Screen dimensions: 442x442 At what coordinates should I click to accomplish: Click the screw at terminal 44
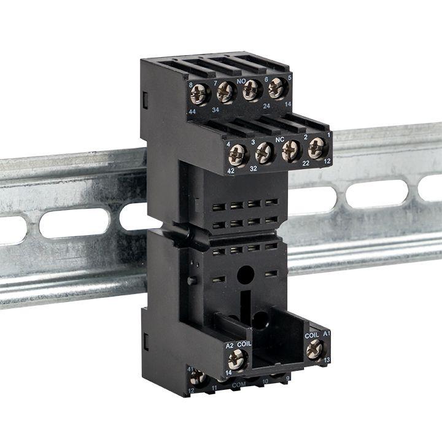click(200, 94)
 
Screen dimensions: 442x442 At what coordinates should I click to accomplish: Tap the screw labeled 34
click(225, 93)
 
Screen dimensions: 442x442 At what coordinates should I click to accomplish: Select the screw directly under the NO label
click(250, 91)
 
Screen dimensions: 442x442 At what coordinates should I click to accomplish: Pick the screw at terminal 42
click(238, 155)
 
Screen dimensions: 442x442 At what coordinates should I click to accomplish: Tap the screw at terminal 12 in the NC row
click(316, 148)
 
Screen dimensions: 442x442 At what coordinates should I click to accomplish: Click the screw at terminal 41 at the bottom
click(198, 377)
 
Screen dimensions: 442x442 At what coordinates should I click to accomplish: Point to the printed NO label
click(242, 80)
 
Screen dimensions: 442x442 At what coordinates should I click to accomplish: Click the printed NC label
click(279, 139)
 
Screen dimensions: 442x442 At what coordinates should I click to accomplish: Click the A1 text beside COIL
click(327, 333)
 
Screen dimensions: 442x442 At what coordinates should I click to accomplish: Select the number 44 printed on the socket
click(192, 110)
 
